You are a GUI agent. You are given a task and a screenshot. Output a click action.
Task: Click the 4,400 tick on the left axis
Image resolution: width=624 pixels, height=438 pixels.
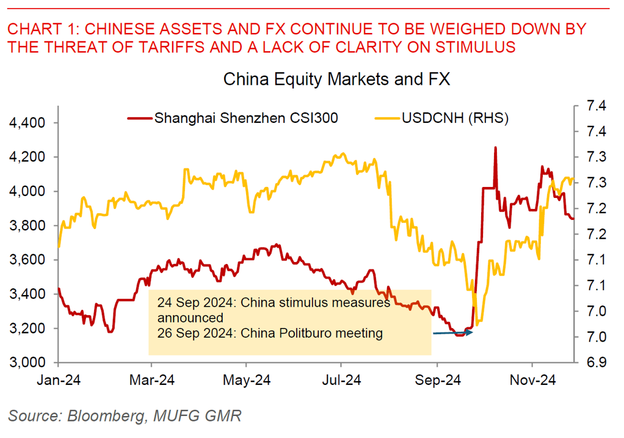[29, 123]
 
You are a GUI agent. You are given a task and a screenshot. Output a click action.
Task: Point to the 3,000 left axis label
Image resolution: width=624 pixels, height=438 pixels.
[29, 363]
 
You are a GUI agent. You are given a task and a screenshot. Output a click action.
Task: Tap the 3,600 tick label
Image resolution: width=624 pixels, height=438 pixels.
[29, 260]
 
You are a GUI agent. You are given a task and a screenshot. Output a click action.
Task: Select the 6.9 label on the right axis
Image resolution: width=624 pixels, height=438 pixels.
[596, 363]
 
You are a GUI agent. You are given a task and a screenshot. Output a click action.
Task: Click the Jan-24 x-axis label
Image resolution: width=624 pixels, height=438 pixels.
[59, 380]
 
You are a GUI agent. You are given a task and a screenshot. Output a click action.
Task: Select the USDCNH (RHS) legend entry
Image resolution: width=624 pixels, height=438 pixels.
[454, 117]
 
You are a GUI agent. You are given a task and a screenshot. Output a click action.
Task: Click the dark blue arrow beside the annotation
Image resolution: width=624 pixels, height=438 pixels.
[451, 333]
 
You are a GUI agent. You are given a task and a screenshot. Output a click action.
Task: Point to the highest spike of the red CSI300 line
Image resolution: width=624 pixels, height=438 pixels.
[495, 148]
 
